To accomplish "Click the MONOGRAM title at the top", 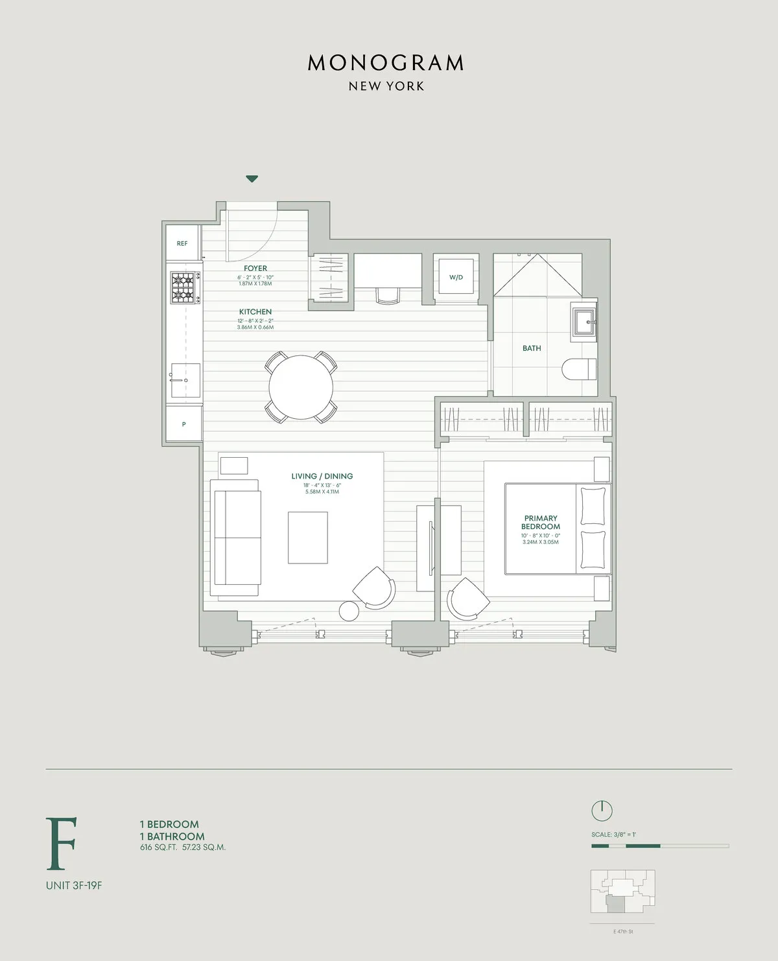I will click(386, 63).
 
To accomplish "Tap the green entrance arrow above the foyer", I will click(252, 178).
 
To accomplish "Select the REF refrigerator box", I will click(182, 243).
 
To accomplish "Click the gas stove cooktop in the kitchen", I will click(185, 287).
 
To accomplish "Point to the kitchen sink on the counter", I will click(185, 380).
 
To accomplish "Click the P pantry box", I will click(183, 424).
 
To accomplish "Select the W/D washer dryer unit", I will click(456, 278).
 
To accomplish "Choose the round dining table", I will click(301, 387).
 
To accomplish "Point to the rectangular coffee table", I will click(308, 538).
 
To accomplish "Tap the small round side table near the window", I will click(349, 611).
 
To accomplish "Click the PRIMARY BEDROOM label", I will click(541, 522).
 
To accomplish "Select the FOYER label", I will click(255, 268).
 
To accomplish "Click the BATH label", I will click(532, 348).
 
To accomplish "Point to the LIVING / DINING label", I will click(322, 476).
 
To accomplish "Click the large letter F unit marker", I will click(62, 844).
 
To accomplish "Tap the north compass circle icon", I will click(602, 811).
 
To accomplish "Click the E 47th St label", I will click(622, 932).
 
